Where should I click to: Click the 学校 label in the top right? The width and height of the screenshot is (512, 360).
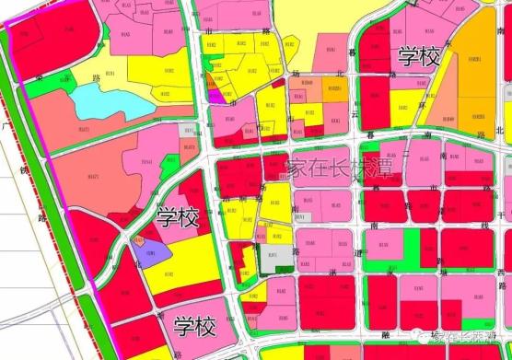point(420,56)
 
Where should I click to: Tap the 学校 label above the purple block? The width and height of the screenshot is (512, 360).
point(177,218)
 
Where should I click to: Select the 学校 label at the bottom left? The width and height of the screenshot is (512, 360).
point(194,326)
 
